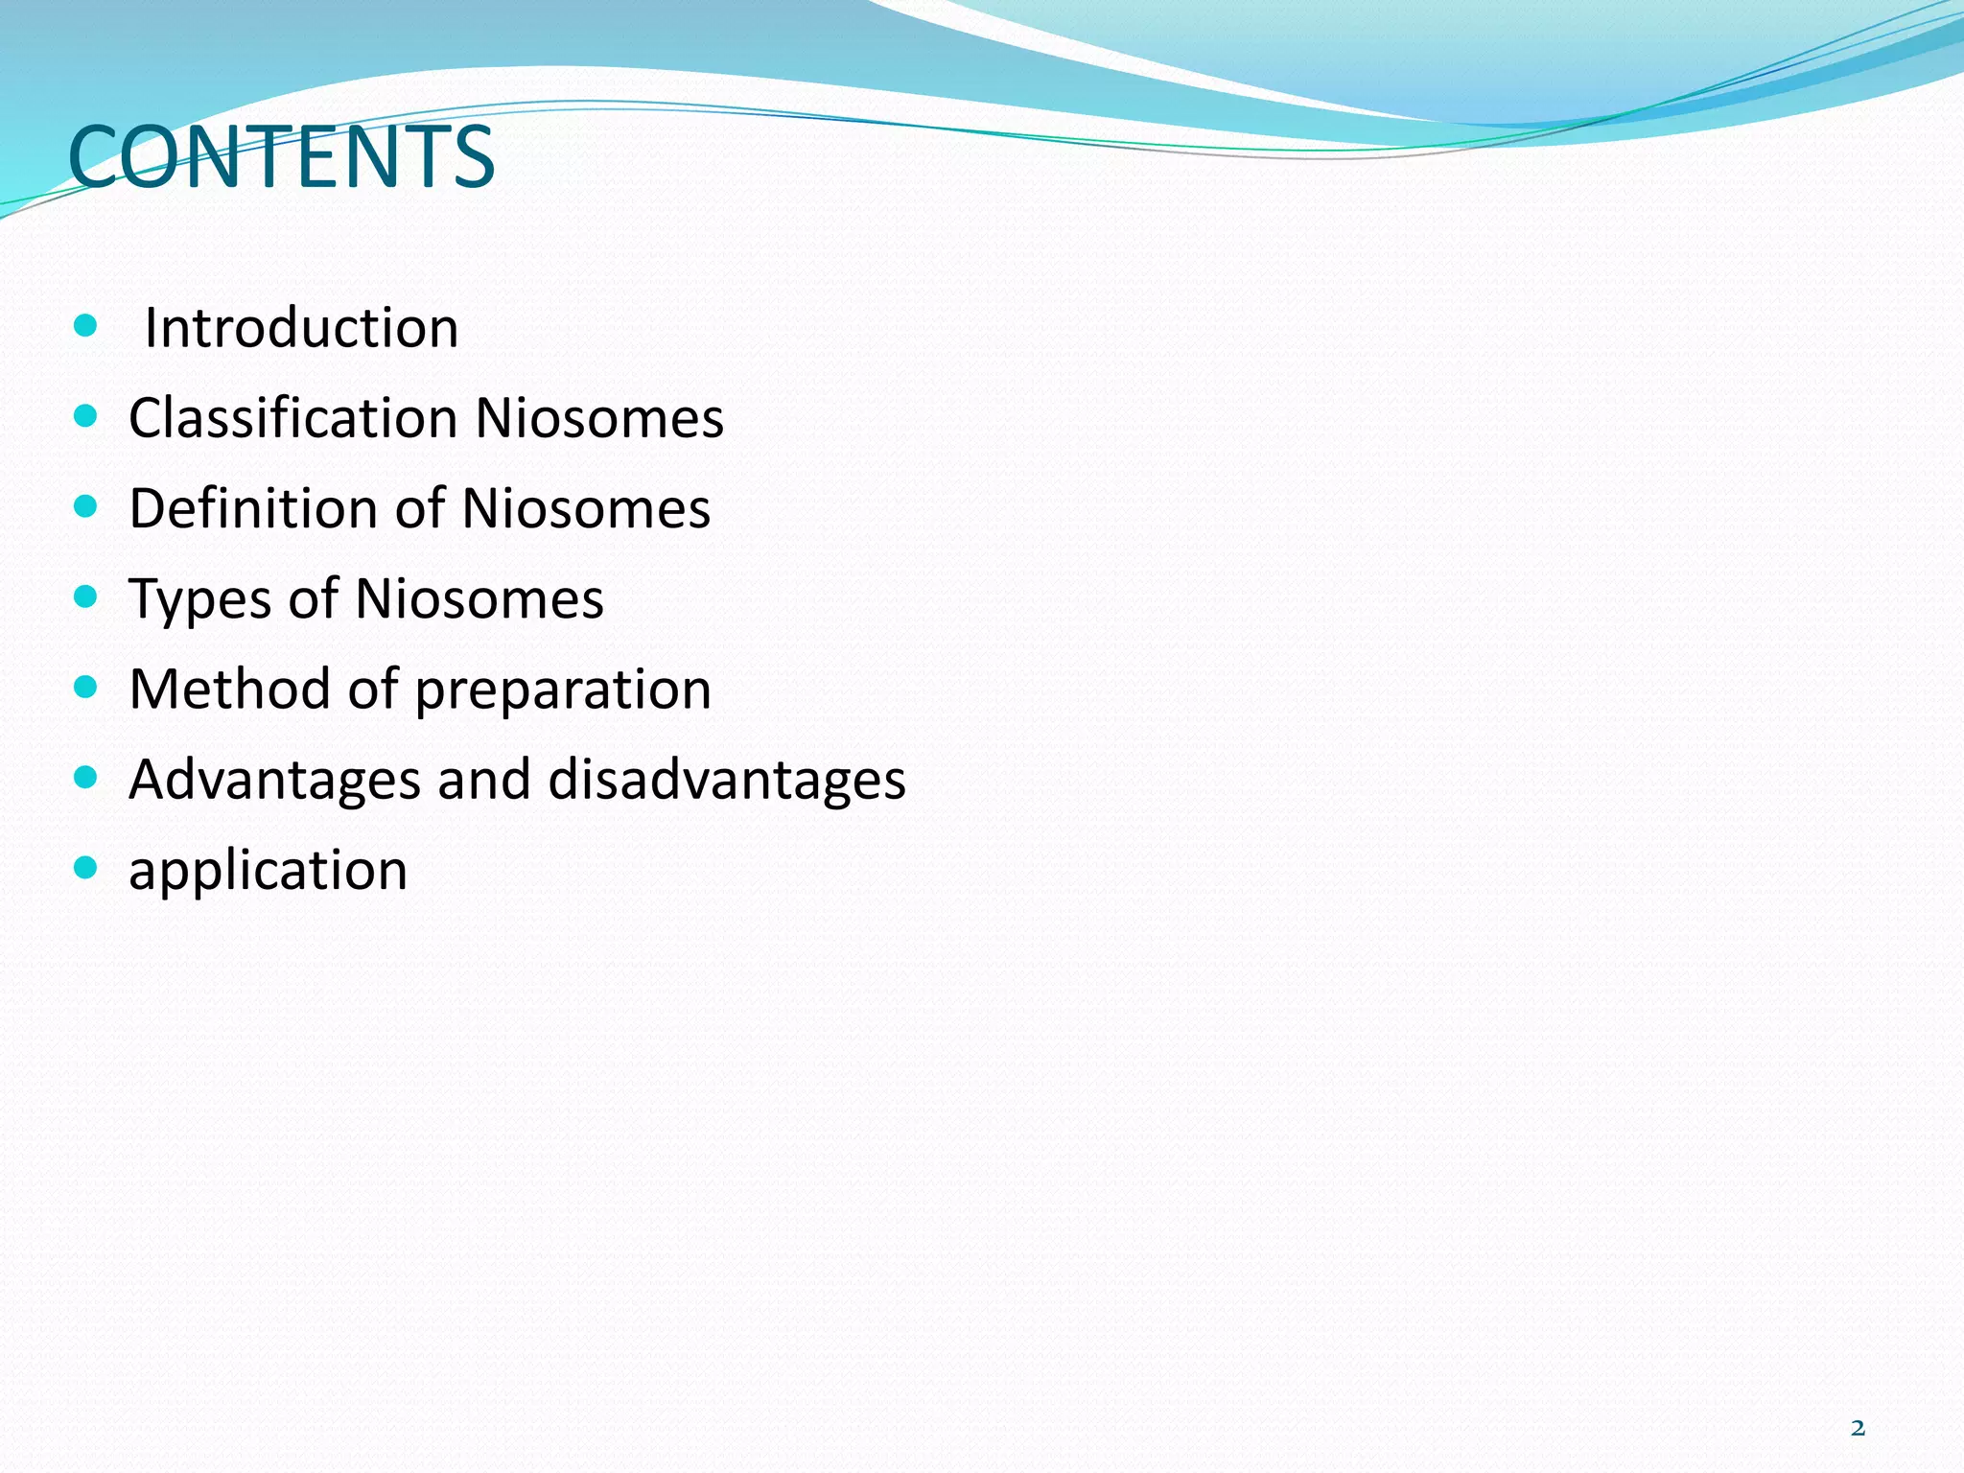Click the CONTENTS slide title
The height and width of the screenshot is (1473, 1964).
[x=281, y=156]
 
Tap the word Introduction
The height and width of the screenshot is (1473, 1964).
[x=301, y=328]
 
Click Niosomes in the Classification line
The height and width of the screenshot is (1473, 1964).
[x=599, y=418]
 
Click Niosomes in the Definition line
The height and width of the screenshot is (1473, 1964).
[x=586, y=508]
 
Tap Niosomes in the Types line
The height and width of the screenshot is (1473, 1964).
[x=479, y=598]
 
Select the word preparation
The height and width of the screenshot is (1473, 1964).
[x=563, y=690]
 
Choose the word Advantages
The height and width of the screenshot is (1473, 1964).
[x=274, y=779]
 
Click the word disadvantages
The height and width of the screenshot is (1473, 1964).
[x=727, y=779]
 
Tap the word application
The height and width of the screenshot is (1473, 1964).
[x=269, y=871]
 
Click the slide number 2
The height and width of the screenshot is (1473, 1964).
[x=1858, y=1429]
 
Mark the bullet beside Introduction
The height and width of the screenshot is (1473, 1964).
[x=85, y=326]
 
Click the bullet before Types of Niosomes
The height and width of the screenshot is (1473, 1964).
[x=85, y=597]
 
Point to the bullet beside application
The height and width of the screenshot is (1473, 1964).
[x=85, y=868]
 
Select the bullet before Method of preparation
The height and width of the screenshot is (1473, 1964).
[x=85, y=687]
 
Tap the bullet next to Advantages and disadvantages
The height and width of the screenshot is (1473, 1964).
[x=85, y=777]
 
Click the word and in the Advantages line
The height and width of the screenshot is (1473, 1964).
[x=484, y=779]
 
